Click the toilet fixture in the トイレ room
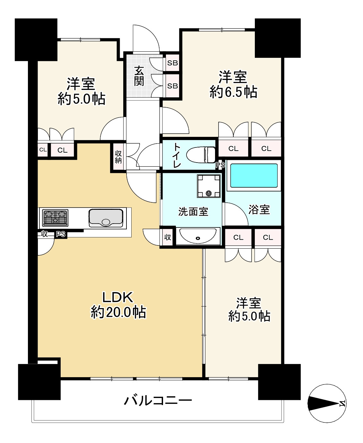click(201, 155)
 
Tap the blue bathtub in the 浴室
click(254, 175)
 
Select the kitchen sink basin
click(106, 218)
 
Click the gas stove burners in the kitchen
click(55, 217)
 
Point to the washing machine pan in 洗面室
click(209, 186)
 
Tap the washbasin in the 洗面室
click(198, 236)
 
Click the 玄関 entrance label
click(139, 76)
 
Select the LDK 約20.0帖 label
click(118, 305)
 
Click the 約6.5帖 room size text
click(233, 92)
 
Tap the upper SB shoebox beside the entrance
click(172, 63)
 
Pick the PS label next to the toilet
click(220, 165)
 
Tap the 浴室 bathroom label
click(259, 210)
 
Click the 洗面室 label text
click(193, 211)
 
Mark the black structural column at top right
click(278, 38)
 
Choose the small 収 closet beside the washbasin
click(168, 237)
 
